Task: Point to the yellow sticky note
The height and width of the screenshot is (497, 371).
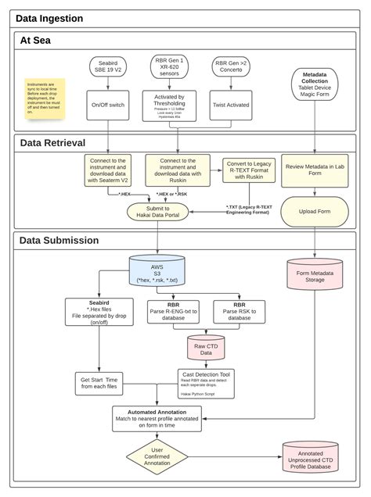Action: click(x=45, y=97)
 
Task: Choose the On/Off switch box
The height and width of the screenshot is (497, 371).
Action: click(x=107, y=103)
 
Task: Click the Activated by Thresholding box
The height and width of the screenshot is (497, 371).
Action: click(x=169, y=105)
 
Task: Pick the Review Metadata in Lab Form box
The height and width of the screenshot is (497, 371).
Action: click(x=314, y=170)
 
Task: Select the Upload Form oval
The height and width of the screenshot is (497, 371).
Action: click(x=314, y=211)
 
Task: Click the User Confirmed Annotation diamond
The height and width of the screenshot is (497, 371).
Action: click(x=158, y=458)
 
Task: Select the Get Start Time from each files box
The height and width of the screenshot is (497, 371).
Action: click(x=98, y=384)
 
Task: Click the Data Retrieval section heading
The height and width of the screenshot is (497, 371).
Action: click(x=53, y=142)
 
